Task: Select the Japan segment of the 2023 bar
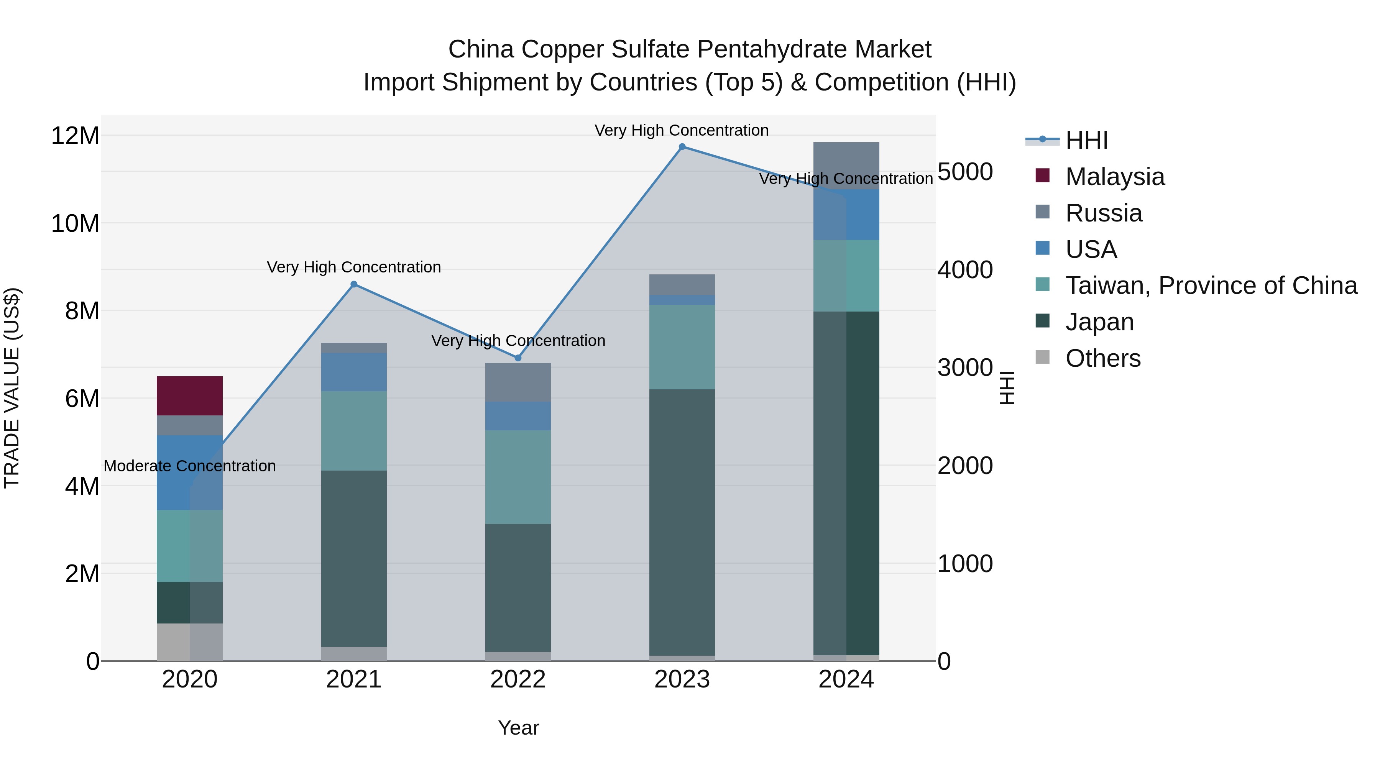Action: pyautogui.click(x=682, y=522)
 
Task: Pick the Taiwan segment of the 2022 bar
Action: pyautogui.click(x=517, y=477)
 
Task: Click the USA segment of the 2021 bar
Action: pyautogui.click(x=353, y=372)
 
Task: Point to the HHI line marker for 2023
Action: pyautogui.click(x=682, y=147)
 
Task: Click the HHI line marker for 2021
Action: pyautogui.click(x=353, y=284)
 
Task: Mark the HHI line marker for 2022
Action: pyautogui.click(x=517, y=358)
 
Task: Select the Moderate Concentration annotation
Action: pyautogui.click(x=190, y=466)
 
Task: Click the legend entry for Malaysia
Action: pyautogui.click(x=1114, y=177)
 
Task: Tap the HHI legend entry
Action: pyautogui.click(x=1086, y=140)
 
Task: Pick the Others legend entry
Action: pyautogui.click(x=1102, y=358)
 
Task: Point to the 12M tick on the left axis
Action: pyautogui.click(x=75, y=136)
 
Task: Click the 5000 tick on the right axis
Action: pyautogui.click(x=965, y=172)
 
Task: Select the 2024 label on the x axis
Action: pyautogui.click(x=846, y=679)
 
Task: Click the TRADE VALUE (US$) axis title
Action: pyautogui.click(x=12, y=388)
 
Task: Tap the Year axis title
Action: pyautogui.click(x=518, y=728)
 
